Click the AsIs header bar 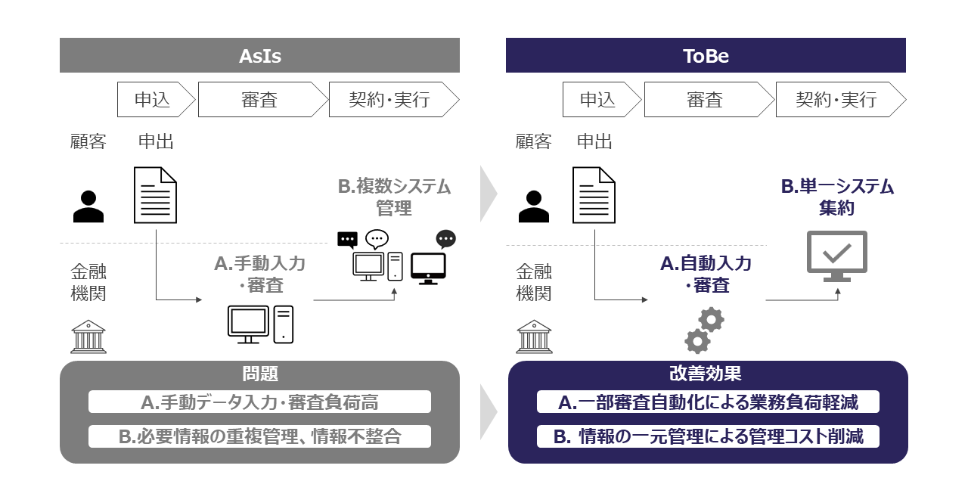tap(259, 55)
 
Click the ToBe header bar tap(706, 55)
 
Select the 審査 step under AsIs tap(259, 99)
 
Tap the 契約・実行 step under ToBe tap(836, 99)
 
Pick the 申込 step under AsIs tap(154, 99)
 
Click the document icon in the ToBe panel tap(594, 195)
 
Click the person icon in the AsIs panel tap(88, 206)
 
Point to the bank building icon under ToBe tap(534, 337)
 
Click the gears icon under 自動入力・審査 tap(704, 330)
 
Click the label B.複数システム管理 tap(393, 197)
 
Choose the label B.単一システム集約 tap(836, 197)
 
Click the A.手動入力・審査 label tap(259, 273)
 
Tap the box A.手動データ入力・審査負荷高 tap(259, 402)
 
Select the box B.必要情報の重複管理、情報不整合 tap(259, 436)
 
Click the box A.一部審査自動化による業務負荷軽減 tap(708, 402)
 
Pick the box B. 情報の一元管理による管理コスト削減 tap(708, 436)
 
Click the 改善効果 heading tap(706, 374)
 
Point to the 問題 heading tap(259, 374)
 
